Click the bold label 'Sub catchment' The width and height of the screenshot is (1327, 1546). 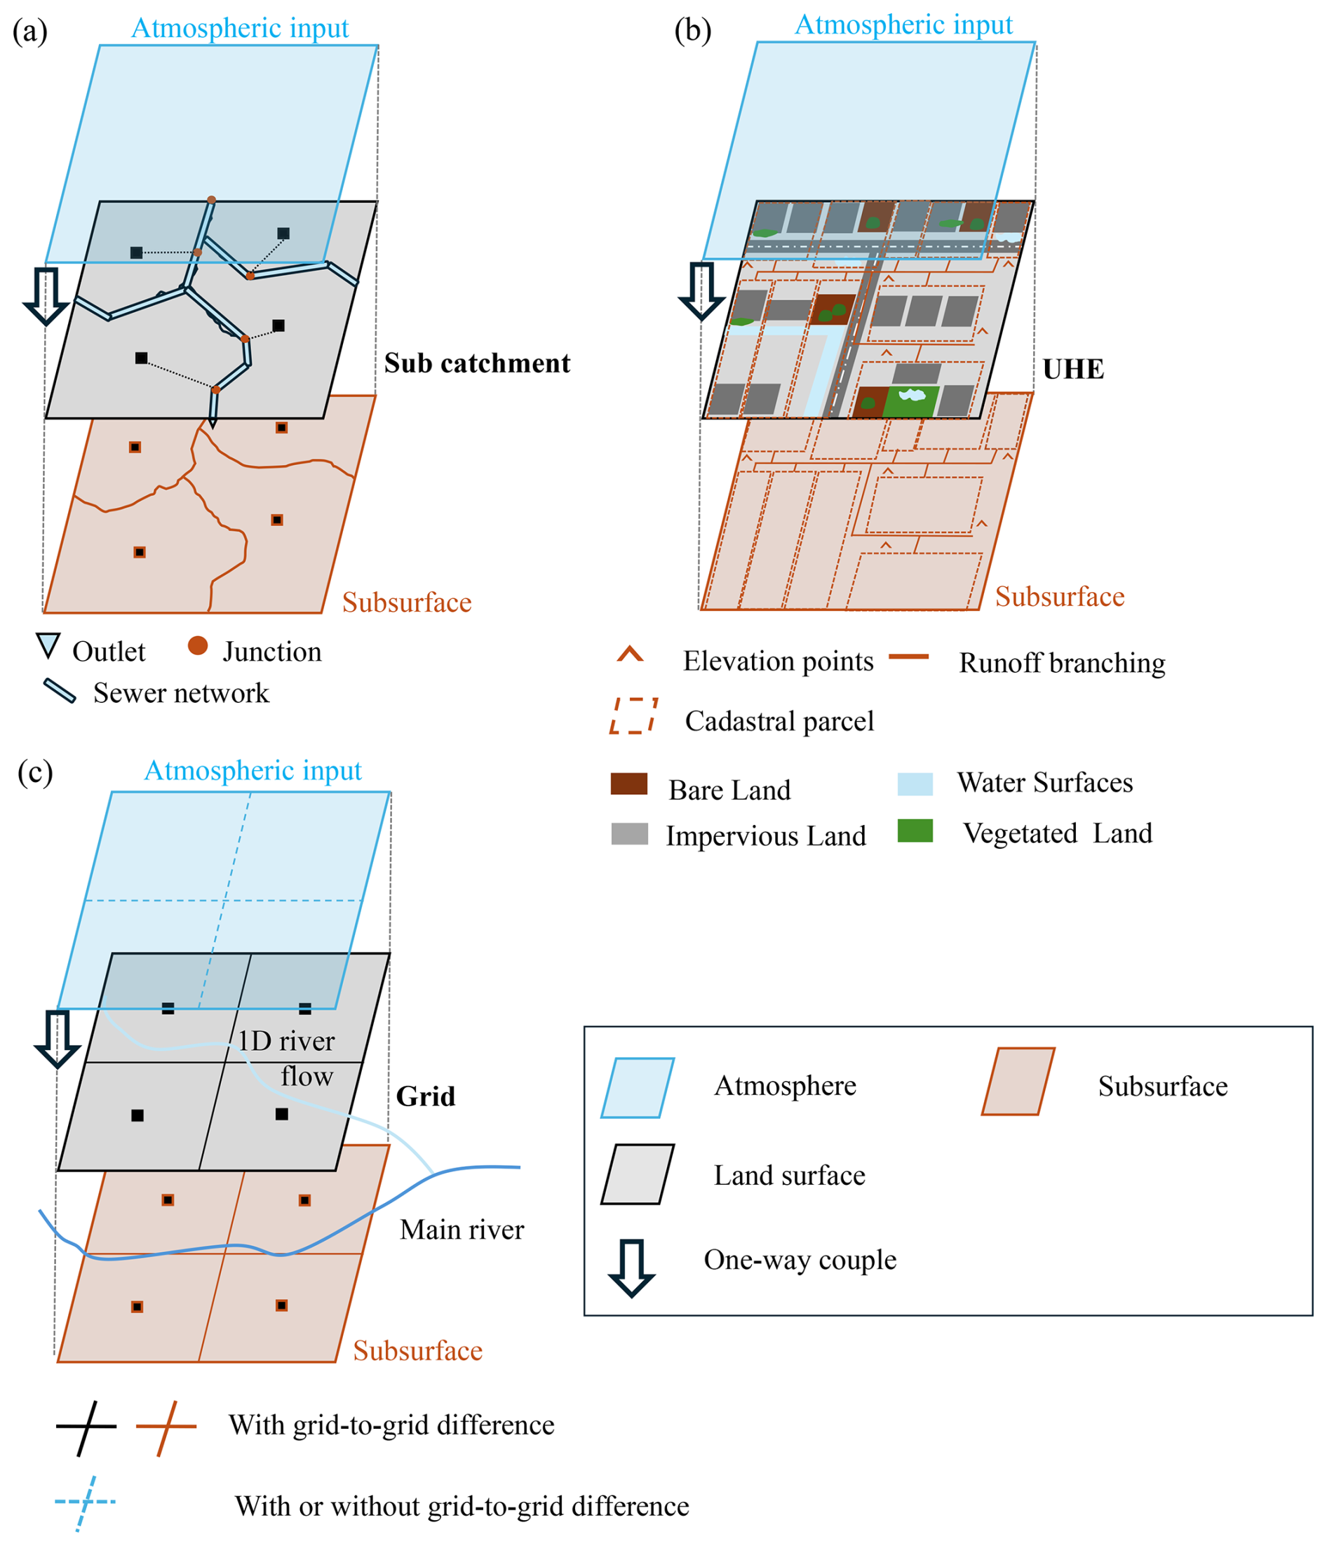tap(477, 363)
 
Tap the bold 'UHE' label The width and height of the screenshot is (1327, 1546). tap(1072, 370)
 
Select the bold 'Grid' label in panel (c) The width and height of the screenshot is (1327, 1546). tap(425, 1096)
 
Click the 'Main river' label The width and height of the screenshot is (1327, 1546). tap(462, 1229)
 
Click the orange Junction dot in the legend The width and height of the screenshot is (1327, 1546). tap(198, 645)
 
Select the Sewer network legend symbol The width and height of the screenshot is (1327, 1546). tap(60, 691)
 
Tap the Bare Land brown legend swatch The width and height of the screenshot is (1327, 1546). tap(629, 784)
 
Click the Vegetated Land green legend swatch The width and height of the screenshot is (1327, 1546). tap(915, 831)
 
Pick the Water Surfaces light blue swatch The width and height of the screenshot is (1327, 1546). tap(915, 784)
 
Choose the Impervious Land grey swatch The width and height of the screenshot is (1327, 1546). tap(630, 833)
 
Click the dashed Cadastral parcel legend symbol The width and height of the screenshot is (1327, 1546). tap(634, 716)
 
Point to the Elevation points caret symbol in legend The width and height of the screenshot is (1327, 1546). tap(630, 654)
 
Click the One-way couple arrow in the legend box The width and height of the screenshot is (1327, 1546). tap(631, 1268)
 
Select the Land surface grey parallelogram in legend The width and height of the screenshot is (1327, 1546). tap(638, 1174)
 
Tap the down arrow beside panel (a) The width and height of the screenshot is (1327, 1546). tap(46, 296)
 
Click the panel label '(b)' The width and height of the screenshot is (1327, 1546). tap(693, 32)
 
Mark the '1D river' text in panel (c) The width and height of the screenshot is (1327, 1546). tap(286, 1041)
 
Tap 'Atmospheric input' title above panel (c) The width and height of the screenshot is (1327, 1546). tap(253, 770)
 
